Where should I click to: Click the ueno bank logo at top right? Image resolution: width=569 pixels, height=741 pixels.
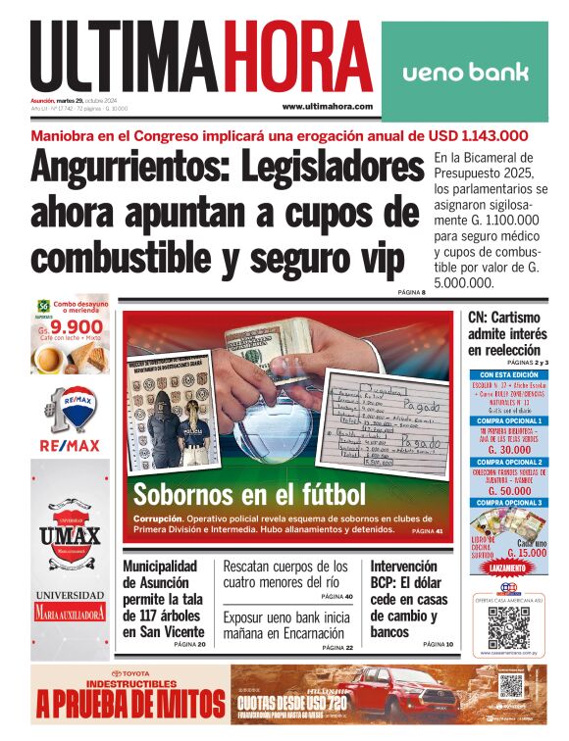coord(465,72)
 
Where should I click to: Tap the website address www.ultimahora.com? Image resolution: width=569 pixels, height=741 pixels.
coord(327,106)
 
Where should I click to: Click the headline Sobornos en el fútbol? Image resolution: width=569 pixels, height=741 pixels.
coord(249,494)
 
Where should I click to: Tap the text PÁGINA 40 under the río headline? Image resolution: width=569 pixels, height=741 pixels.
coord(336,597)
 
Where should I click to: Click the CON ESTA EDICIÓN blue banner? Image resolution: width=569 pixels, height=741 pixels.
coord(508,374)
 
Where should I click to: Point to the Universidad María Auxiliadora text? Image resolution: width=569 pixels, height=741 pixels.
coord(71,605)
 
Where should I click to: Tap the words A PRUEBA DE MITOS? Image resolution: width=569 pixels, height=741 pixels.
coord(126,703)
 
